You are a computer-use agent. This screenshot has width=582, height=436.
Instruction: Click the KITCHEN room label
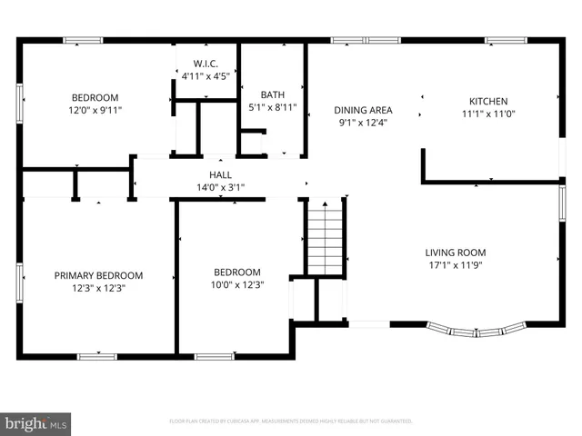click(487, 101)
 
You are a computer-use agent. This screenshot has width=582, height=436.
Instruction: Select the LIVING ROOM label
click(456, 253)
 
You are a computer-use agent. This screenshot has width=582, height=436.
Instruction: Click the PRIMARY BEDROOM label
click(98, 275)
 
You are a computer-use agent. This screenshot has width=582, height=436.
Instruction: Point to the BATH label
click(272, 94)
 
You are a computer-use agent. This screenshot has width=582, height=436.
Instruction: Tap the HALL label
click(220, 174)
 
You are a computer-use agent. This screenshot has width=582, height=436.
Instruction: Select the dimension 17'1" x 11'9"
click(456, 266)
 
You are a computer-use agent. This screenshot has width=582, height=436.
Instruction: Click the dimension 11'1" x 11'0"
click(487, 114)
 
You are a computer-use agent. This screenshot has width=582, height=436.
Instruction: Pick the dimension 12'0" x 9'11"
click(95, 110)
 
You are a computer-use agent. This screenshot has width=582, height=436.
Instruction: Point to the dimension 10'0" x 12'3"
click(236, 285)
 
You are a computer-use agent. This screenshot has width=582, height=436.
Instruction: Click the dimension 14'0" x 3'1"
click(220, 187)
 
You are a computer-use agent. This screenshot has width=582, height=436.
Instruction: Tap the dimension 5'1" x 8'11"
click(272, 107)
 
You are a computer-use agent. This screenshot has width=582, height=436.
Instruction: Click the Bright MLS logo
click(36, 423)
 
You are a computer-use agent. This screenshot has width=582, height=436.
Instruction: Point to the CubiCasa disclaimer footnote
click(291, 421)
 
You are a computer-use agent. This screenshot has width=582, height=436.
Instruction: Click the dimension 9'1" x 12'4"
click(363, 123)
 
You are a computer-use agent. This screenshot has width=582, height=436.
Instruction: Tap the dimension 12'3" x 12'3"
click(98, 288)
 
